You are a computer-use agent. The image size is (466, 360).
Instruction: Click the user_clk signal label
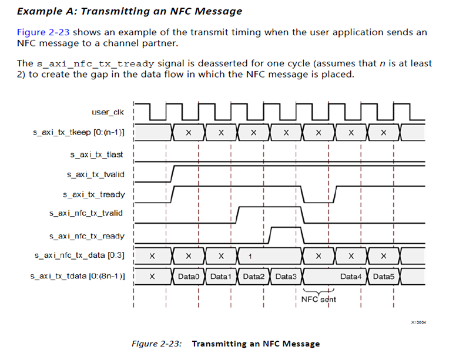(108, 112)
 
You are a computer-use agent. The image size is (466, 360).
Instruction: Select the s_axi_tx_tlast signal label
(97, 155)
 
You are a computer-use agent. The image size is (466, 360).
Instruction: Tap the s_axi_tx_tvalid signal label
(96, 174)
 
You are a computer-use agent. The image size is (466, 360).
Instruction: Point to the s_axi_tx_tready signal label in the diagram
(94, 194)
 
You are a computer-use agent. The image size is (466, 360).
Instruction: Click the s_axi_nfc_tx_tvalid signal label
(87, 213)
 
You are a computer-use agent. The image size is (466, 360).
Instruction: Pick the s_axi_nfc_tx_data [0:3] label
(82, 255)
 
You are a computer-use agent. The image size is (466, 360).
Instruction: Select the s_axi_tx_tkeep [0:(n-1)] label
(79, 133)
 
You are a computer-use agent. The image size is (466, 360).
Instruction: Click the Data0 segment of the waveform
(189, 276)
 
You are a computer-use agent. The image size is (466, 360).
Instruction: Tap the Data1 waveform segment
(221, 276)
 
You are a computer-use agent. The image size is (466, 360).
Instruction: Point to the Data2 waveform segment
(253, 276)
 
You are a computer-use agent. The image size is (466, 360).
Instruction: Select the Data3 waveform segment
(286, 276)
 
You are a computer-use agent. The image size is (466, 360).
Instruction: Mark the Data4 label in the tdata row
(351, 276)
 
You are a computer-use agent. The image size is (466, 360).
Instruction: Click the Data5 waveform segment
(383, 276)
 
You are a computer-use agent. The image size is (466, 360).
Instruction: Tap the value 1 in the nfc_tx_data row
(250, 256)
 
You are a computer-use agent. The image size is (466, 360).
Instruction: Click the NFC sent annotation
(318, 299)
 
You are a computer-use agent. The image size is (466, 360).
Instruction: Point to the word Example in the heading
(38, 11)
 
